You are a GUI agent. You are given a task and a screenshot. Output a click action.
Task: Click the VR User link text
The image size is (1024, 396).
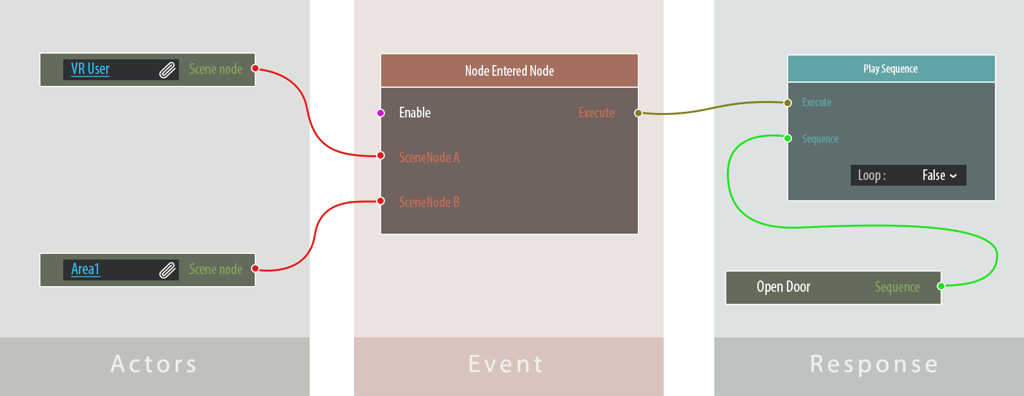point(90,69)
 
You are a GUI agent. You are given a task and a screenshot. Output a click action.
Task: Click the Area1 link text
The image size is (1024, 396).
point(85,269)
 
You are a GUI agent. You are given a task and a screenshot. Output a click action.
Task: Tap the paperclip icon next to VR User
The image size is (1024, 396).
point(167,69)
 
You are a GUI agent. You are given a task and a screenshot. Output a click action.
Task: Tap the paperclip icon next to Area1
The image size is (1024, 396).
point(167,270)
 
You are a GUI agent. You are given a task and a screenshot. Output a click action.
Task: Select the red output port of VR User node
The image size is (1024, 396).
point(255,68)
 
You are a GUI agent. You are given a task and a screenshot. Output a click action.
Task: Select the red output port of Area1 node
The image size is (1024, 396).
point(255,268)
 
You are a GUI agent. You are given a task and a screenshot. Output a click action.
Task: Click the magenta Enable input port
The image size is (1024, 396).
point(381,113)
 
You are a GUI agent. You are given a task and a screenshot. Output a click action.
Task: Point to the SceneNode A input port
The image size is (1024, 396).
point(381,155)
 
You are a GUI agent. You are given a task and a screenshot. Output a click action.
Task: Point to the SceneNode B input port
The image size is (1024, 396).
point(381,201)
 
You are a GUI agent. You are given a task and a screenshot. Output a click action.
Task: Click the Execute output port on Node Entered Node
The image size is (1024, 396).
point(638,113)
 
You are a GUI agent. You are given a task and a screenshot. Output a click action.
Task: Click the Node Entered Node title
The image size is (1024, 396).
point(509,71)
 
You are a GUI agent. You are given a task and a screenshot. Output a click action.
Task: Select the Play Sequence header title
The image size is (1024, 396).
point(890,69)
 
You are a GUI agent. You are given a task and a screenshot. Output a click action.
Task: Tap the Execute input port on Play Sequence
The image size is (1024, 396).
point(788,103)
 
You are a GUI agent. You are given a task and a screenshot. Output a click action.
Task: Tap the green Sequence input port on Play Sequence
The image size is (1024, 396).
point(788,138)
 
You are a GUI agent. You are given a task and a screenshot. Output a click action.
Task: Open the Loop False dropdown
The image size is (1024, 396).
point(939,176)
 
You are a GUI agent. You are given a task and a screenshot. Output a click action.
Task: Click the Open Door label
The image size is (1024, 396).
point(783,287)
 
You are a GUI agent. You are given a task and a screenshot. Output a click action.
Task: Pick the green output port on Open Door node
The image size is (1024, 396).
point(941,286)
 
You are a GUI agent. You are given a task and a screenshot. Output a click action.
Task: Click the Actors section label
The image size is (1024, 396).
point(154,364)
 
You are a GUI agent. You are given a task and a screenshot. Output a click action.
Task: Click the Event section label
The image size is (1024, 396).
point(506,364)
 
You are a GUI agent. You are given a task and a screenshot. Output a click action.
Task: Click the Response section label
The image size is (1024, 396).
point(874,364)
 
